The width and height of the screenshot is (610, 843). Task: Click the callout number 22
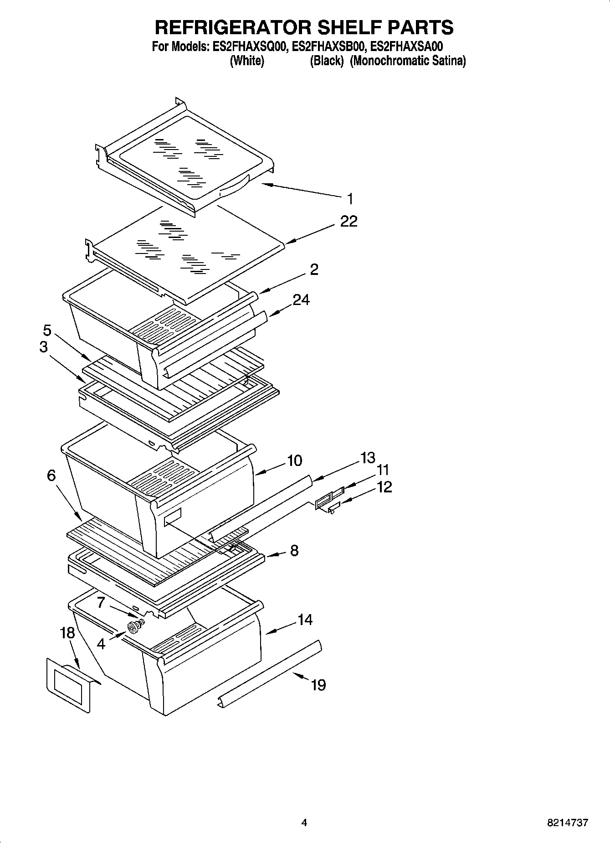pos(349,222)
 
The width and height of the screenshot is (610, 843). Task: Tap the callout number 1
pos(350,199)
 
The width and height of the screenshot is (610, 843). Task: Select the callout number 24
pos(301,300)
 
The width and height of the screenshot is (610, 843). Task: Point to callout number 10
pos(294,460)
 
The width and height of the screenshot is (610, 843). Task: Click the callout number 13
pos(367,457)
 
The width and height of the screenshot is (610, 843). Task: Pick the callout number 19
pos(318,685)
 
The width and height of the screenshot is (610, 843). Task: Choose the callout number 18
pos(67,633)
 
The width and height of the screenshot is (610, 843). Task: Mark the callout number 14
pos(305,620)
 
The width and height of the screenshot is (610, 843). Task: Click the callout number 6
pos(51,476)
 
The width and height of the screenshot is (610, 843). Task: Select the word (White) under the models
pos(247,61)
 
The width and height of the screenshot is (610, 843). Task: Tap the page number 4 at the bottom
pos(304,823)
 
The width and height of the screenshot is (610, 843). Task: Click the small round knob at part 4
pos(134,628)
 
